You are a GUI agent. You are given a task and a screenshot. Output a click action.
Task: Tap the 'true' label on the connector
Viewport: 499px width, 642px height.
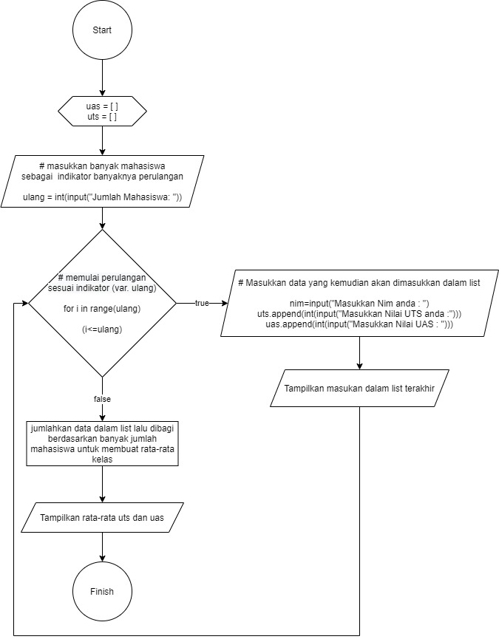point(202,303)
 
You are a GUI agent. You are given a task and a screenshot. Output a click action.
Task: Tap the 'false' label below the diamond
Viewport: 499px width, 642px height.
point(102,399)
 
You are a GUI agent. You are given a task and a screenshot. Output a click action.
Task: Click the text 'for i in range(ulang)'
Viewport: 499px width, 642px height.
point(102,309)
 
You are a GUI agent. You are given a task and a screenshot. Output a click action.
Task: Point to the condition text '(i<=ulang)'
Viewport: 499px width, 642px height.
point(102,329)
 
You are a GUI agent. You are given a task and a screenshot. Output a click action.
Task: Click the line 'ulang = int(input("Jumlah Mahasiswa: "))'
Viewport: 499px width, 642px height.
point(102,197)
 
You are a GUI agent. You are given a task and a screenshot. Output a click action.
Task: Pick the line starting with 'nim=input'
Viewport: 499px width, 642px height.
point(359,304)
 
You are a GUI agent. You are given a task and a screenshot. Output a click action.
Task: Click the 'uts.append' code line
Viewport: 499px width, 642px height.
point(359,314)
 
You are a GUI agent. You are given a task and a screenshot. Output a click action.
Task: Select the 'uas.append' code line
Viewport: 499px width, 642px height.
point(359,324)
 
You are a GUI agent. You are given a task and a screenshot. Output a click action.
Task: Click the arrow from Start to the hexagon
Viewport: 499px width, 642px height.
point(102,78)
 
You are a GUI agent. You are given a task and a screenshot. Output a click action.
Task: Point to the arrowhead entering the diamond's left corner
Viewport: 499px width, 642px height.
point(24,303)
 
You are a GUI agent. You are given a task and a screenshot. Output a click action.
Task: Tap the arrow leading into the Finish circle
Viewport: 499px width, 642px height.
point(102,547)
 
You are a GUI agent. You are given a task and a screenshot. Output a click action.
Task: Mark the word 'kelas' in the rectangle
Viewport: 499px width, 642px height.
point(102,460)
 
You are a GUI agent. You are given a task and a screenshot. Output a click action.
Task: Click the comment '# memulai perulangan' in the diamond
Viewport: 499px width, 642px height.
point(102,278)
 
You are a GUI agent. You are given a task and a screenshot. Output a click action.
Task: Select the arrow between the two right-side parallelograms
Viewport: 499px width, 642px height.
point(359,353)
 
